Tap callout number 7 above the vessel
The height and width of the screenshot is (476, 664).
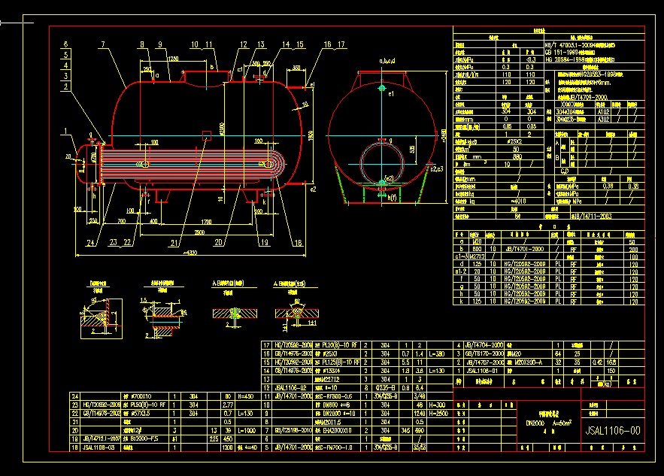102,44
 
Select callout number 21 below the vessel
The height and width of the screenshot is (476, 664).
176,242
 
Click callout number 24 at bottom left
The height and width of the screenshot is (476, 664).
90,242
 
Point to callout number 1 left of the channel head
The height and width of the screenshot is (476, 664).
65,131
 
